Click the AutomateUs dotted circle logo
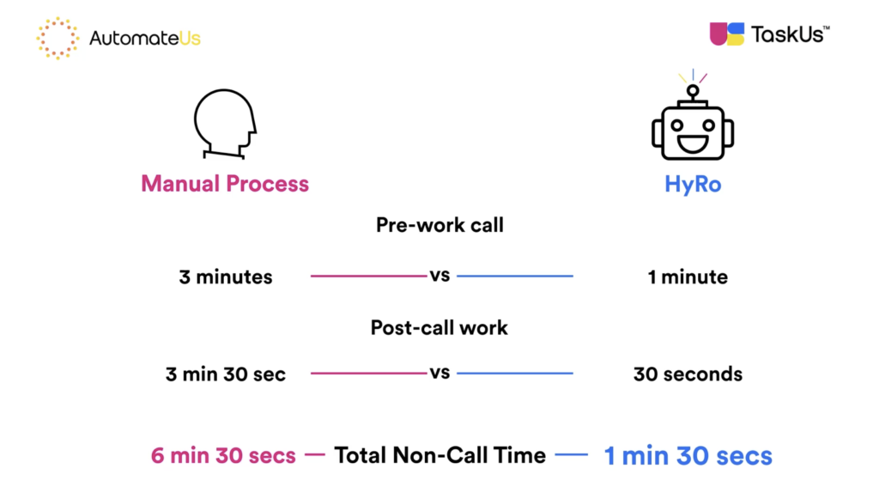coord(58,38)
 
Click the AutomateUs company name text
coord(145,39)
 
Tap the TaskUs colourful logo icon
coord(726,34)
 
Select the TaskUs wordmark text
coord(789,34)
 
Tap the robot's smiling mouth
coord(693,143)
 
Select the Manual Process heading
coord(225,184)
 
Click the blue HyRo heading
coord(692,184)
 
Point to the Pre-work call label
coord(439,226)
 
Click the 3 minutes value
coord(226,277)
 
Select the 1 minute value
coord(688,277)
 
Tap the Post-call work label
coord(439,327)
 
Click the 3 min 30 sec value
coord(226,374)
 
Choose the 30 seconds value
coord(688,374)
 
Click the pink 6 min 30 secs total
coord(223,455)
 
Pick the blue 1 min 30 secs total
coord(688,455)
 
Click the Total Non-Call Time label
coord(439,455)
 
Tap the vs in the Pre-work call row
coord(439,276)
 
